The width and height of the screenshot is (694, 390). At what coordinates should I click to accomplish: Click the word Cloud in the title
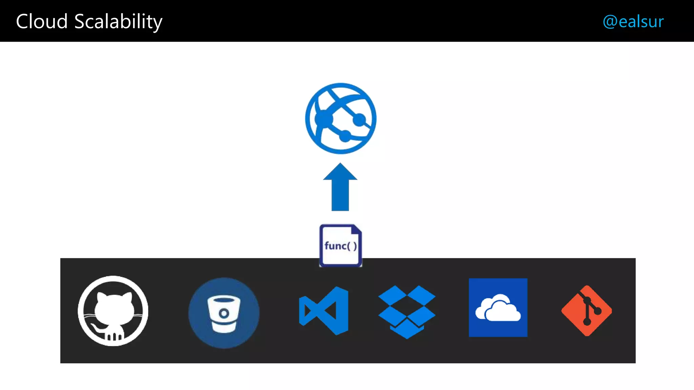point(42,21)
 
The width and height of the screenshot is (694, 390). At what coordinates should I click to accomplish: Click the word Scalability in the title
point(118,22)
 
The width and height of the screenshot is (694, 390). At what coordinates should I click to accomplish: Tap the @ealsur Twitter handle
point(633,21)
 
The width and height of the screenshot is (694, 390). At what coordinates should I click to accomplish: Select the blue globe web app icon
point(341,118)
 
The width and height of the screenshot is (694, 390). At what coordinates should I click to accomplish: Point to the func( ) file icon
point(341,245)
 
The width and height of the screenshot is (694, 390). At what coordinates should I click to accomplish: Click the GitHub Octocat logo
point(113,311)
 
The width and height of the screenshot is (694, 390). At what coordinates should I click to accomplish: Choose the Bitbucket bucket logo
point(224,313)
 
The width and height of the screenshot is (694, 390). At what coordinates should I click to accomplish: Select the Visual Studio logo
point(324,311)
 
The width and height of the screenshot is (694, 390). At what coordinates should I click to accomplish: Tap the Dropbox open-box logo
point(407,311)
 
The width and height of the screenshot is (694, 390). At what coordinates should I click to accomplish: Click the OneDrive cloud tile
point(498,307)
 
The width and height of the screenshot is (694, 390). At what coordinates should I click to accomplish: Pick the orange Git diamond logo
point(587,311)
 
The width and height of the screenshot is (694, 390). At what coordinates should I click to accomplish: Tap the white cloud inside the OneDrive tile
point(498,309)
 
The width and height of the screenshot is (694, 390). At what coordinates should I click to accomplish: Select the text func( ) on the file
point(341,246)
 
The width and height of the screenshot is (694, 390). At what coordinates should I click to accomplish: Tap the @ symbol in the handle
point(610,22)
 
